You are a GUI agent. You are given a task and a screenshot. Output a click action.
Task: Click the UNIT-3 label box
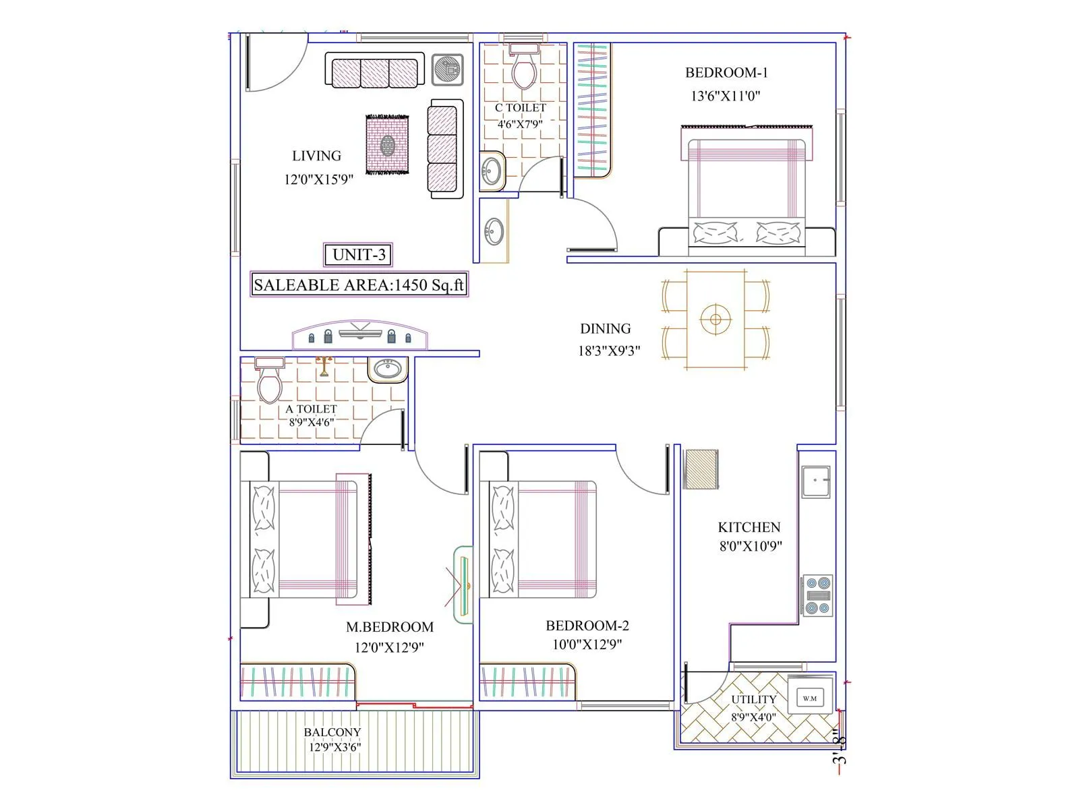point(358,255)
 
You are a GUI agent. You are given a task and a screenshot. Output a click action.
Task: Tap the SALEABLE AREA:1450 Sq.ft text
point(359,284)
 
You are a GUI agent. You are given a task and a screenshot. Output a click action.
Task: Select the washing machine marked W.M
point(810,698)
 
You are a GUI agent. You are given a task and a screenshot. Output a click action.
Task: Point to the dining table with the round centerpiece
point(716,320)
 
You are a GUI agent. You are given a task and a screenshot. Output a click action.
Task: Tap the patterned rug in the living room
point(388,145)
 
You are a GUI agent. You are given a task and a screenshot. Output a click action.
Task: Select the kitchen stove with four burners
point(817,595)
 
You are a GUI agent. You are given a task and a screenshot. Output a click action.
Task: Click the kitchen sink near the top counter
point(815,481)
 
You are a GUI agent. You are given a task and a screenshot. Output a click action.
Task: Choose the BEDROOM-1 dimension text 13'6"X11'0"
point(725,96)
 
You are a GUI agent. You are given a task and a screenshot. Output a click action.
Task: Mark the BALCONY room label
point(332,732)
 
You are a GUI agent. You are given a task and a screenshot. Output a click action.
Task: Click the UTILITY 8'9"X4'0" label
point(754,708)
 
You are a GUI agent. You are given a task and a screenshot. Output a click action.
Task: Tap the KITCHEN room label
point(749,527)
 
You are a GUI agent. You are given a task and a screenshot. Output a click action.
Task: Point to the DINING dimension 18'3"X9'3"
point(608,351)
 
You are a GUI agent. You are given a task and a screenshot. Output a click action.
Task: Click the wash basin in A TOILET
point(388,369)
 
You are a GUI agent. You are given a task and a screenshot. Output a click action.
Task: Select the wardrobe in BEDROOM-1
point(593,110)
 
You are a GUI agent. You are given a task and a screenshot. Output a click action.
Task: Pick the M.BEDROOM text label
point(389,627)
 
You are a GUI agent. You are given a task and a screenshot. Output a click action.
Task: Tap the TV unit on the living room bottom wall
point(360,335)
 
